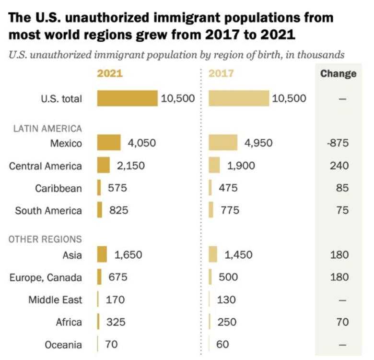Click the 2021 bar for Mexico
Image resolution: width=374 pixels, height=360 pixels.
coord(109,143)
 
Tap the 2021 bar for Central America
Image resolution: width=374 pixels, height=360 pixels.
coord(104,166)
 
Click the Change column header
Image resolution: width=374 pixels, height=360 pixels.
coord(338,73)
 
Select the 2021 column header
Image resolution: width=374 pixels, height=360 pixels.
coord(110,73)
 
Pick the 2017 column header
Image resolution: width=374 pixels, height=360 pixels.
coord(221,73)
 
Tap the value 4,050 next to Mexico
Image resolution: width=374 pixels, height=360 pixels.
coord(141,143)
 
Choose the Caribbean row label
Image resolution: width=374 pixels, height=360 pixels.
coord(58,188)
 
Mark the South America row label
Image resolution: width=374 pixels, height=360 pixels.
coord(48,210)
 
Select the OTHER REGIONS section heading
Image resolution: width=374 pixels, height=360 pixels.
coord(45,239)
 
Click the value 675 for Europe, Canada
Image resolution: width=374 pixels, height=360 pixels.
coord(117,277)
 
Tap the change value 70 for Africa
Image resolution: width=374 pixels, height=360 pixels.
coord(342,322)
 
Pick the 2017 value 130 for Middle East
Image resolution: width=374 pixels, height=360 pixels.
coord(227,300)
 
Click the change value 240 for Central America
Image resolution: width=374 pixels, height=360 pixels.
coord(339,166)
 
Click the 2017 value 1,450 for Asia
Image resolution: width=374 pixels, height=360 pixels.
coord(238,255)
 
